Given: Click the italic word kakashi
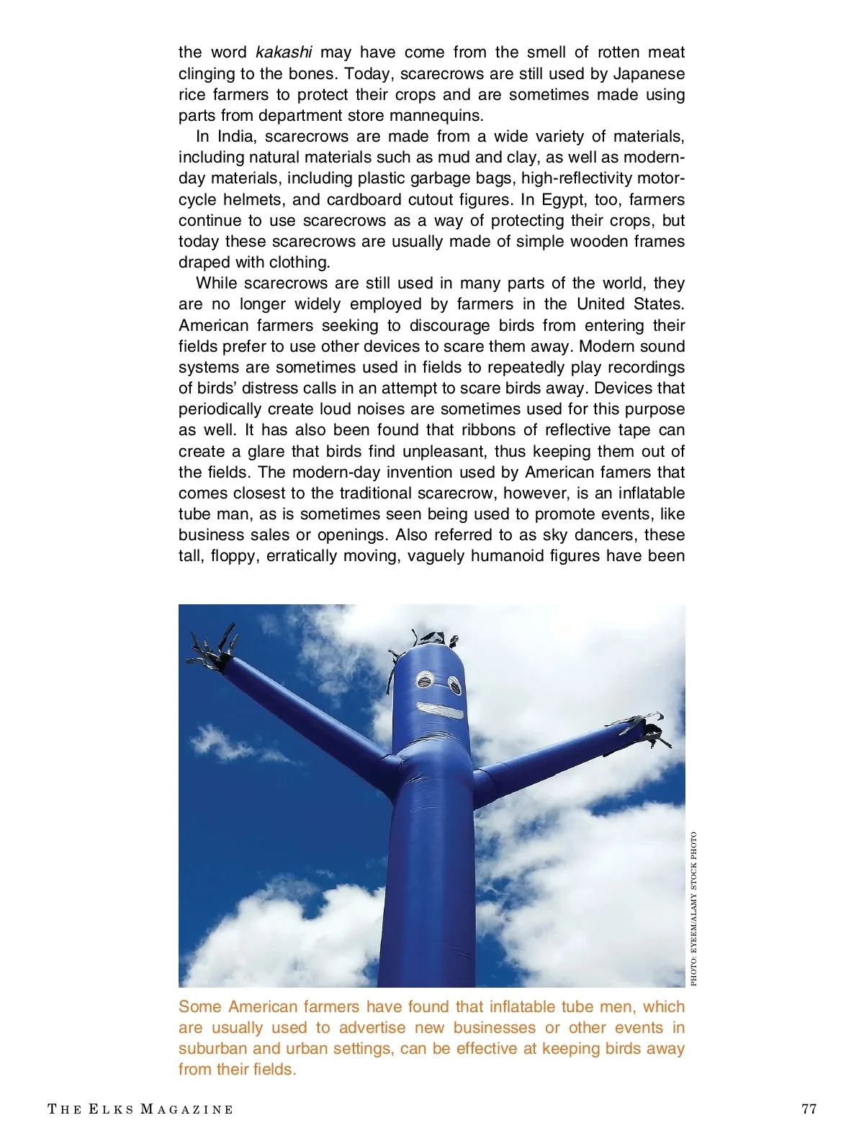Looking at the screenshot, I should tap(284, 53).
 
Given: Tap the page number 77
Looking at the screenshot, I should tap(809, 1109).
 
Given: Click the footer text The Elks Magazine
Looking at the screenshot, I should tap(140, 1109).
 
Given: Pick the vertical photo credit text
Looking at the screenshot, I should tap(694, 909).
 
